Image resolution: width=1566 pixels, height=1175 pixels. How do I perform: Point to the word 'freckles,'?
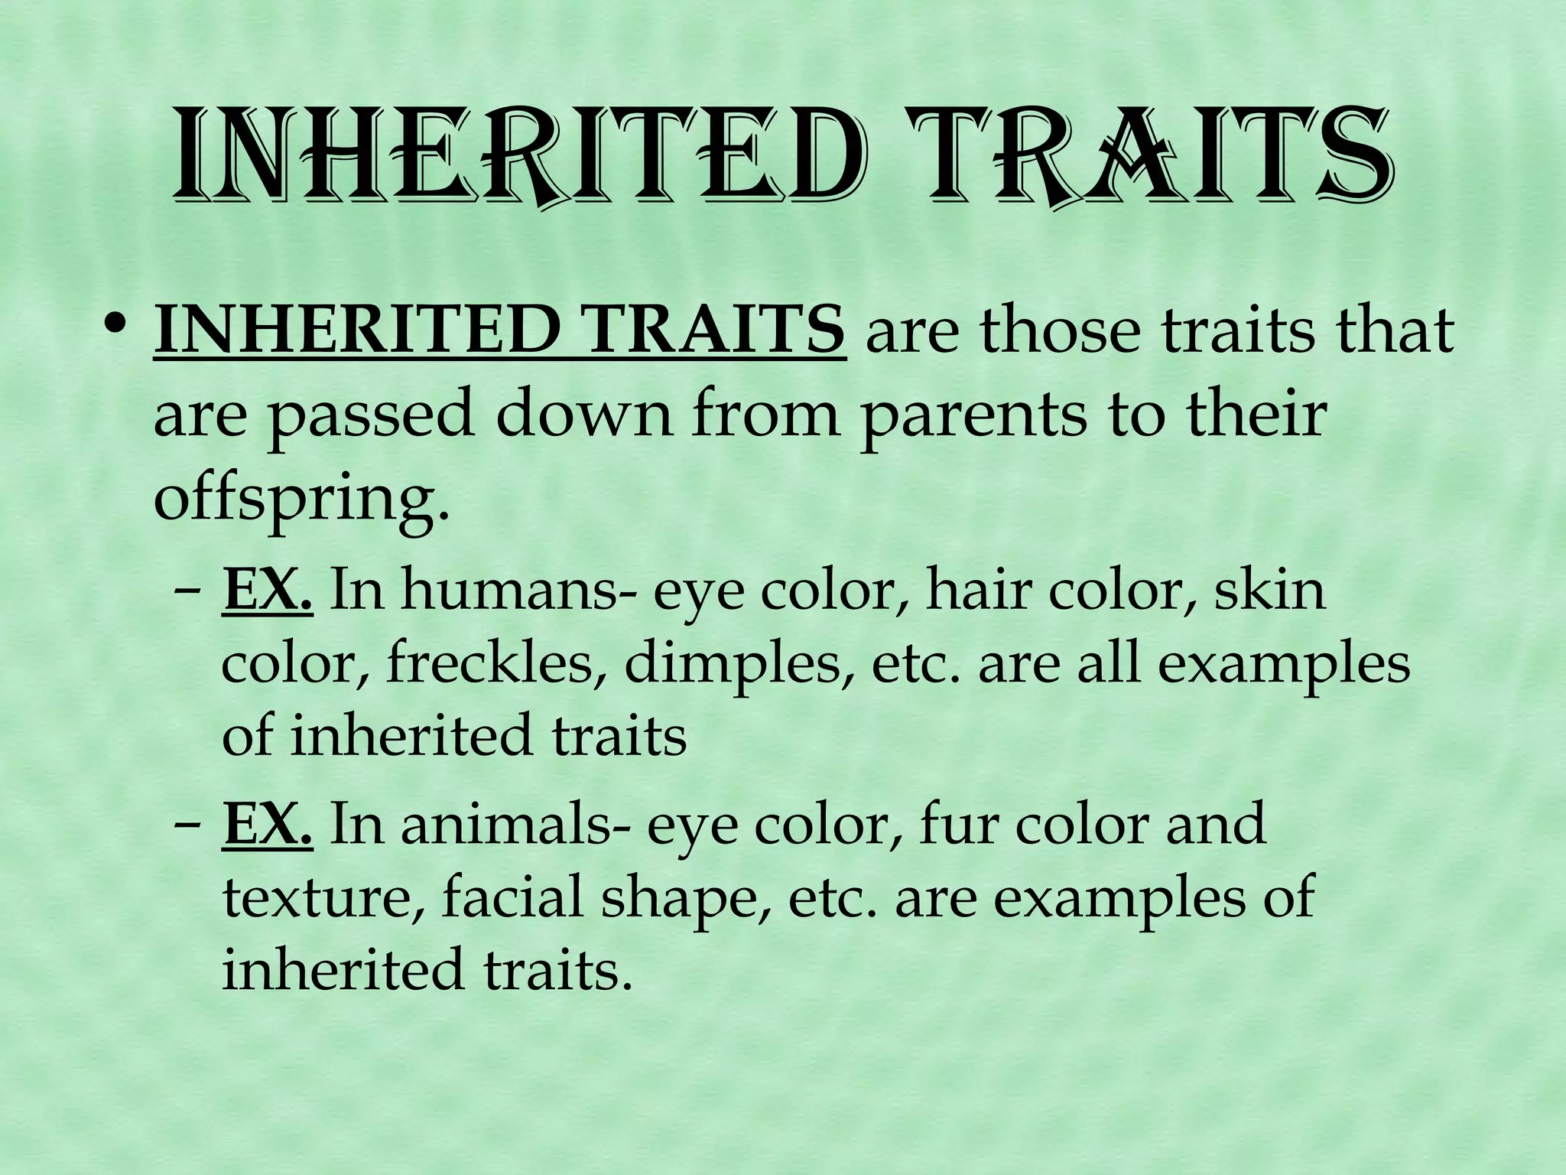tap(494, 664)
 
